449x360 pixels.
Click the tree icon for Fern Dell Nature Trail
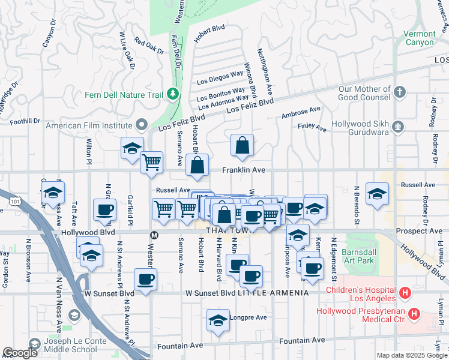point(173,94)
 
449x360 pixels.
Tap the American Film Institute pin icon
point(142,125)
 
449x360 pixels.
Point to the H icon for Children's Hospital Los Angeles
point(405,294)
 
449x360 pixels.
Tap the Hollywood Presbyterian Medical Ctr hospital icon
point(414,314)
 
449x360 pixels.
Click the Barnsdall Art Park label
point(358,257)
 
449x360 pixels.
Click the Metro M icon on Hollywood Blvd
point(154,234)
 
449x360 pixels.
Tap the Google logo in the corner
point(20,353)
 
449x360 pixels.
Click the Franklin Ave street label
point(244,170)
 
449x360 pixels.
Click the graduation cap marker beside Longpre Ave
point(218,320)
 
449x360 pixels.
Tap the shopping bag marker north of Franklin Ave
point(242,146)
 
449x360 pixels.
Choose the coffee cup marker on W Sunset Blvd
point(146,280)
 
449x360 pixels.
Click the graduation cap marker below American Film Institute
point(132,149)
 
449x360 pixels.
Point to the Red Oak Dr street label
point(149,46)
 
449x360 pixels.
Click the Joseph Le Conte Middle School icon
point(35,344)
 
